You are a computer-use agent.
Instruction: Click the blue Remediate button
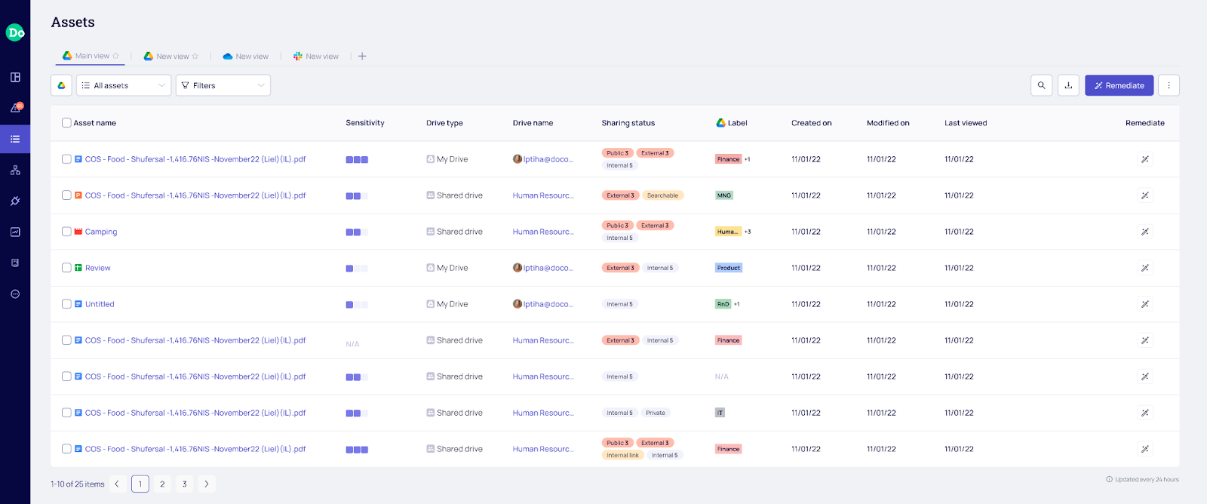[1119, 85]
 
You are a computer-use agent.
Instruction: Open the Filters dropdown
[223, 85]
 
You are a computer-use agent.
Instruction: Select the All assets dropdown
[124, 85]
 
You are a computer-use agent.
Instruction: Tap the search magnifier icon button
[1041, 85]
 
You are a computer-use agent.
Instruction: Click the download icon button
[1068, 85]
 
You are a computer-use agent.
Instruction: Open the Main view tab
[91, 56]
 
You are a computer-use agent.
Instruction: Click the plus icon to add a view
[362, 57]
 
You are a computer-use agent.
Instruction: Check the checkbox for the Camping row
[66, 232]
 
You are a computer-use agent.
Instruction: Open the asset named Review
[97, 268]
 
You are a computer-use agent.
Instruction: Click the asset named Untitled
[100, 304]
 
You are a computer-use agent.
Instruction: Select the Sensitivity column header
[365, 123]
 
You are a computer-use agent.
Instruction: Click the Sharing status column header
[628, 123]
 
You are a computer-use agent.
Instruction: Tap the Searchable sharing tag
[662, 195]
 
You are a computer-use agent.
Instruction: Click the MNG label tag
[724, 195]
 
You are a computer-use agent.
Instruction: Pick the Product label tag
[729, 268]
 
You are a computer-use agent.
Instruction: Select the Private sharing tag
[656, 413]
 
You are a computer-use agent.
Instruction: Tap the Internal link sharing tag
[622, 455]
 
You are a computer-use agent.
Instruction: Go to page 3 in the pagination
[184, 484]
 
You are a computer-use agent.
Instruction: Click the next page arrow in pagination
[207, 484]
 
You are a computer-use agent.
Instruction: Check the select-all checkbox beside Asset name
[66, 123]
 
